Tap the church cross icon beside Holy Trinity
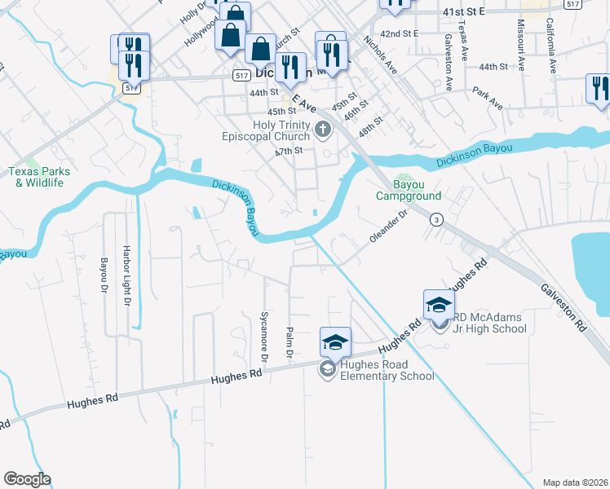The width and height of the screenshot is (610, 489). [x=323, y=128]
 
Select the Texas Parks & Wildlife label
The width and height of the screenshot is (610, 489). [x=39, y=177]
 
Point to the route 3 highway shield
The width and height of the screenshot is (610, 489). [x=437, y=219]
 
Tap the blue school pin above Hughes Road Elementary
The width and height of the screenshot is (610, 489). [x=335, y=342]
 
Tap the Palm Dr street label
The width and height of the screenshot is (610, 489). [x=289, y=343]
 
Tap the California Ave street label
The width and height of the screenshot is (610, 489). [x=550, y=44]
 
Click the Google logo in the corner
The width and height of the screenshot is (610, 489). [x=27, y=479]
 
